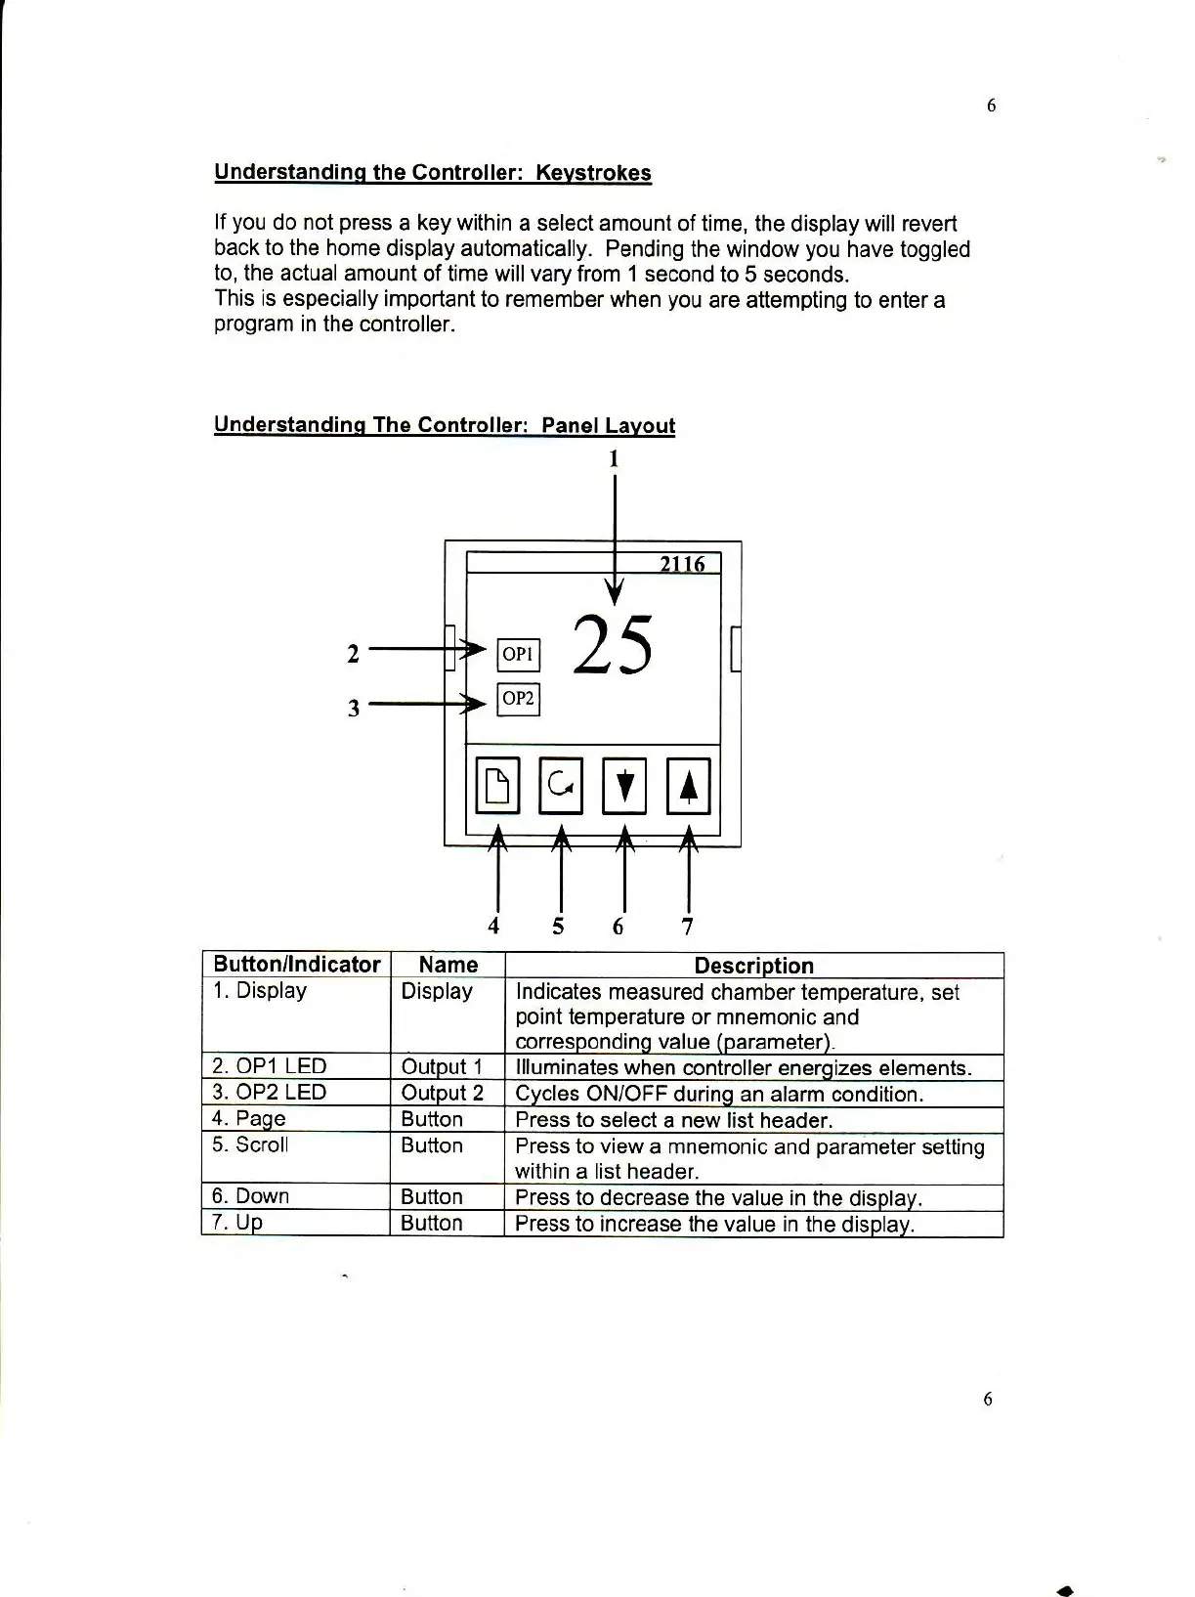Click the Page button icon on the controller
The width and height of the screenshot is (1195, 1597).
pyautogui.click(x=497, y=786)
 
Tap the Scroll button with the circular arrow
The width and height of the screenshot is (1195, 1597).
pyautogui.click(x=561, y=786)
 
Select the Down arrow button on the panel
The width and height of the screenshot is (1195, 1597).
pyautogui.click(x=624, y=786)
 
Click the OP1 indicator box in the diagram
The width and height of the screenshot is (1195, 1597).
pyautogui.click(x=518, y=653)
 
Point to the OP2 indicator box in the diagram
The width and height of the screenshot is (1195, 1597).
pyautogui.click(x=518, y=699)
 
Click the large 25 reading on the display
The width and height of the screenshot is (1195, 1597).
pyautogui.click(x=613, y=646)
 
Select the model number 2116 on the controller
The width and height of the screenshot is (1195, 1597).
pyautogui.click(x=681, y=564)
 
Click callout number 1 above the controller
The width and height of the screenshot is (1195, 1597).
pyautogui.click(x=614, y=458)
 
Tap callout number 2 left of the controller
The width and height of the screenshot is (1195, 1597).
pyautogui.click(x=354, y=653)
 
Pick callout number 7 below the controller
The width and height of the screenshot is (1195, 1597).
pyautogui.click(x=687, y=926)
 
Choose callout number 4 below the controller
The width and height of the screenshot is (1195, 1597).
pyautogui.click(x=494, y=926)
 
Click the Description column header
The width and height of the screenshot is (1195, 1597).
pyautogui.click(x=753, y=966)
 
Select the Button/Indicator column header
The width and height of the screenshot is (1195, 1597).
pyautogui.click(x=296, y=965)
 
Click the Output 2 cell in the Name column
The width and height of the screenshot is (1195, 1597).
pyautogui.click(x=442, y=1093)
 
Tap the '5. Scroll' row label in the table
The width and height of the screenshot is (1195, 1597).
pyautogui.click(x=250, y=1144)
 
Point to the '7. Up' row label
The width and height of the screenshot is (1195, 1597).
pyautogui.click(x=237, y=1222)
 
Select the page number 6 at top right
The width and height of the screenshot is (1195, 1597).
pyautogui.click(x=991, y=106)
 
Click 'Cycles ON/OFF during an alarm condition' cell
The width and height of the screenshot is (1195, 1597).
pyautogui.click(x=719, y=1094)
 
